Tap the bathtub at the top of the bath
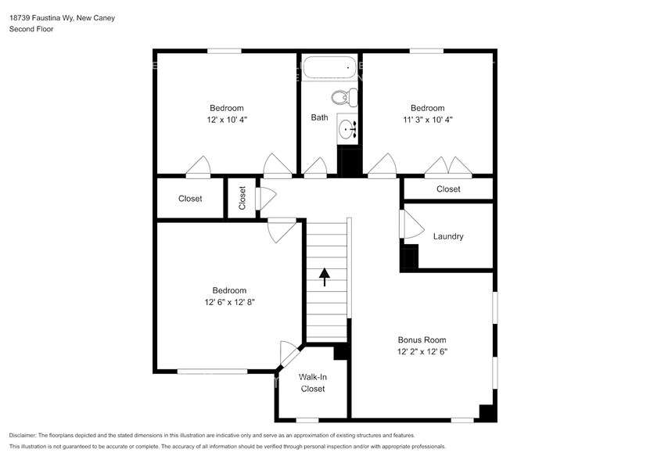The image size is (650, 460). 329,68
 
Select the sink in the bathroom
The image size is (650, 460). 348,128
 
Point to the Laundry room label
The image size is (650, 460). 448,236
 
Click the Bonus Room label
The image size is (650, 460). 422,340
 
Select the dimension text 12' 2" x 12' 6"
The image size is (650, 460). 422,352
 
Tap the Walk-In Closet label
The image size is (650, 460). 312,383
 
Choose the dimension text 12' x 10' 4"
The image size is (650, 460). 226,120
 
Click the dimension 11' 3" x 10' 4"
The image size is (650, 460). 428,120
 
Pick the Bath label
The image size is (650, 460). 319,118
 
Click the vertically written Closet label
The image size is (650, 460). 242,198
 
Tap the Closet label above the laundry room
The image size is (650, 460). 448,189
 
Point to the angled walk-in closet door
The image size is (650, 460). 289,354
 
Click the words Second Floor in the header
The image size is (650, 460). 29,29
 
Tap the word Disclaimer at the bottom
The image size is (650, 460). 27,435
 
